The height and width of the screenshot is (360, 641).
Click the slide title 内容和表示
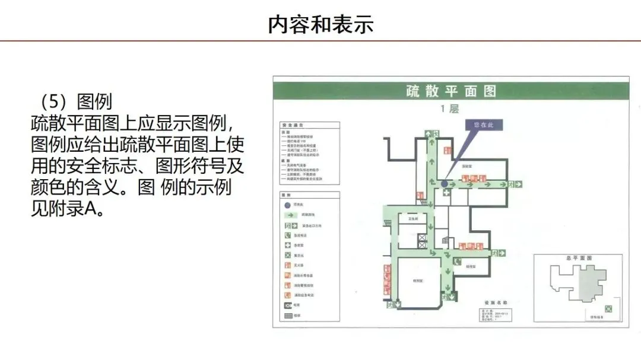pyautogui.click(x=320, y=24)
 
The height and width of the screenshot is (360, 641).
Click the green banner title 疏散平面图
pyautogui.click(x=450, y=91)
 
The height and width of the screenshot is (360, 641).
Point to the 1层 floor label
pyautogui.click(x=450, y=109)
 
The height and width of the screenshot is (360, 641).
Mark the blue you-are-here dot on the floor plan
pyautogui.click(x=445, y=184)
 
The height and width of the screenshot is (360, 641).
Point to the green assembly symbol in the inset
pyautogui.click(x=609, y=308)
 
